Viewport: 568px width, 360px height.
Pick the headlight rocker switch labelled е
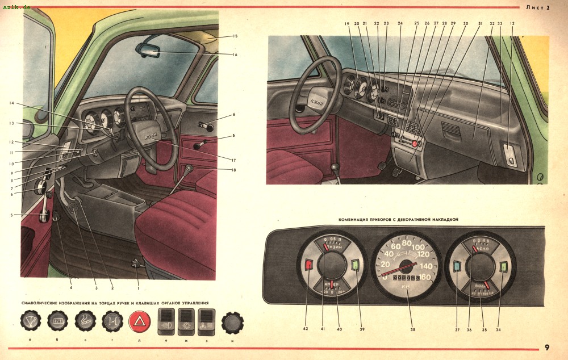tap(166, 322)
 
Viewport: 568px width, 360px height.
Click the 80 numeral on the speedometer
tap(407, 243)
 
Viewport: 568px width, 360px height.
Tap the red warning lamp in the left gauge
tap(309, 265)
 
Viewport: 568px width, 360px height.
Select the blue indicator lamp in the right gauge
tap(458, 266)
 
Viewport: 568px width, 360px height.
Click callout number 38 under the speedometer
tap(413, 329)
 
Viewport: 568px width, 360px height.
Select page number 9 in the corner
tap(546, 348)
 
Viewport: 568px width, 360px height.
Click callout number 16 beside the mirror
tap(235, 55)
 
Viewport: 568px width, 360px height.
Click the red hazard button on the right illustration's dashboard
tap(416, 145)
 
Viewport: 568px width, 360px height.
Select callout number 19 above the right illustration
tap(346, 24)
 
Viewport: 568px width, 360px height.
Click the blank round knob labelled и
tap(232, 322)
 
